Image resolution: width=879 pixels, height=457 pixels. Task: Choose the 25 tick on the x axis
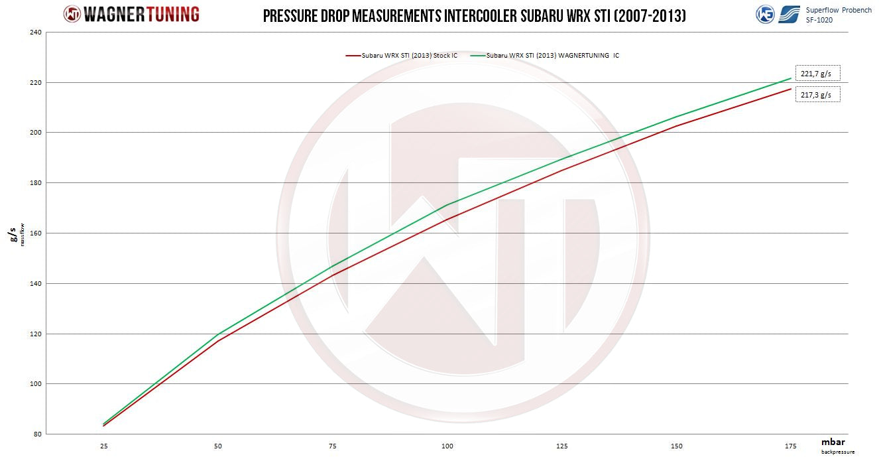click(104, 446)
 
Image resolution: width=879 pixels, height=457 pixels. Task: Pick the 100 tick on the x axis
click(447, 446)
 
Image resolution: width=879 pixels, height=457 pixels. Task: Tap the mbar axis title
click(833, 442)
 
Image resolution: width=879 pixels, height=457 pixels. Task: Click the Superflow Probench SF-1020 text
click(839, 15)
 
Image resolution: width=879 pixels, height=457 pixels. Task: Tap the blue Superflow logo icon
click(789, 14)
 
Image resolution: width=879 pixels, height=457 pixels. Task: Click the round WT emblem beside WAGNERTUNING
click(72, 14)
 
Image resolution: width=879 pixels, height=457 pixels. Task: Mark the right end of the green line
click(791, 78)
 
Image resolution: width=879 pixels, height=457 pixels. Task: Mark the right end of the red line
click(791, 89)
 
